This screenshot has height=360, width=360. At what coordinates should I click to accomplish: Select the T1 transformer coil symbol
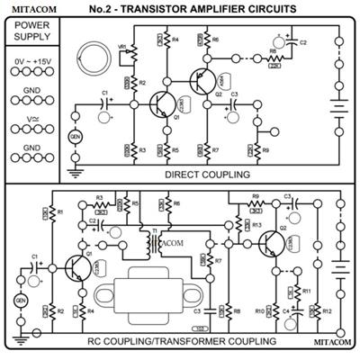tap(161, 243)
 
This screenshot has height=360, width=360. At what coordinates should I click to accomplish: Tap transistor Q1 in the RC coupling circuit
tap(76, 269)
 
